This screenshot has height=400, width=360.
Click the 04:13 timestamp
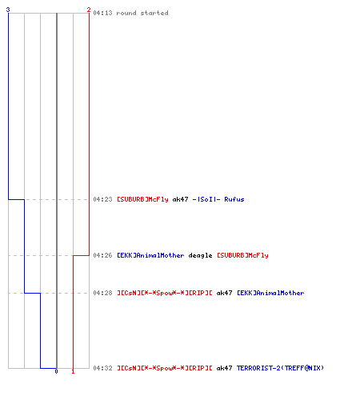[x=102, y=13]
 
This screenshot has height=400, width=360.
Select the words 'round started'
[x=142, y=13]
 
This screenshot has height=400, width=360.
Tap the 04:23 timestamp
[x=102, y=199]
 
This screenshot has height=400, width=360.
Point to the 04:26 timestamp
[x=102, y=255]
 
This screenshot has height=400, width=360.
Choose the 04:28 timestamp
[x=102, y=293]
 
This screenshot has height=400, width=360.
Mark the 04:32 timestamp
[x=102, y=368]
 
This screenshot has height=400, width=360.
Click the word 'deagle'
[x=200, y=256]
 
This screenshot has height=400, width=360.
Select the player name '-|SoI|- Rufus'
[x=218, y=199]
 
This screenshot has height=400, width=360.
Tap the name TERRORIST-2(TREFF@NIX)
[x=280, y=368]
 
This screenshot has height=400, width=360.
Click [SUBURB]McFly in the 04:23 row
[x=143, y=199]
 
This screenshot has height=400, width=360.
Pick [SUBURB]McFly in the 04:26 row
[x=242, y=255]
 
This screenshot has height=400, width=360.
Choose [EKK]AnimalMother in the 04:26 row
[x=150, y=255]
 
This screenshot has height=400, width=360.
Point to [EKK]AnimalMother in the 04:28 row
[x=270, y=293]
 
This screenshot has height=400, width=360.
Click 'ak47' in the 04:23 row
[x=181, y=199]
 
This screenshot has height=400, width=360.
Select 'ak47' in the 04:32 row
[x=224, y=368]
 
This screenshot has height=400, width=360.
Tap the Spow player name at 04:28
[x=165, y=293]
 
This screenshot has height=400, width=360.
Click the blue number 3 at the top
[x=8, y=10]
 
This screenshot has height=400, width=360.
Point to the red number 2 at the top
[x=89, y=10]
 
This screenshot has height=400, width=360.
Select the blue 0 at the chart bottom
[x=56, y=371]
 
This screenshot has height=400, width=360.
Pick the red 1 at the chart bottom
[x=73, y=371]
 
